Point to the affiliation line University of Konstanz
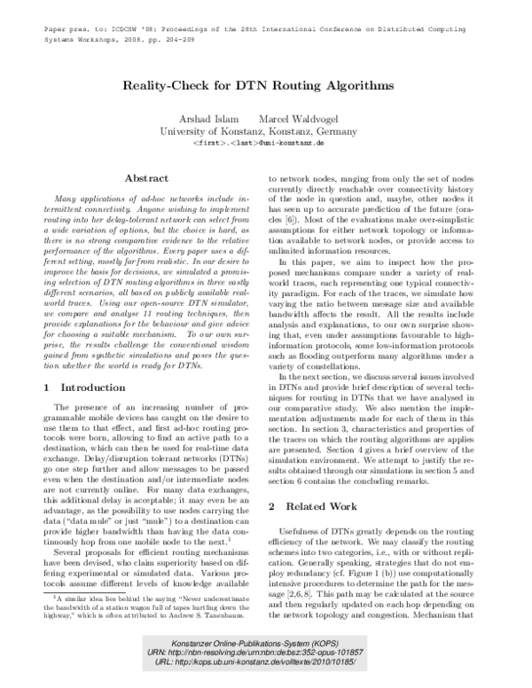click(257, 130)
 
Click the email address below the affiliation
click(257, 142)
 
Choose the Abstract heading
click(146, 178)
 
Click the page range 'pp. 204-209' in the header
click(201, 26)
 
